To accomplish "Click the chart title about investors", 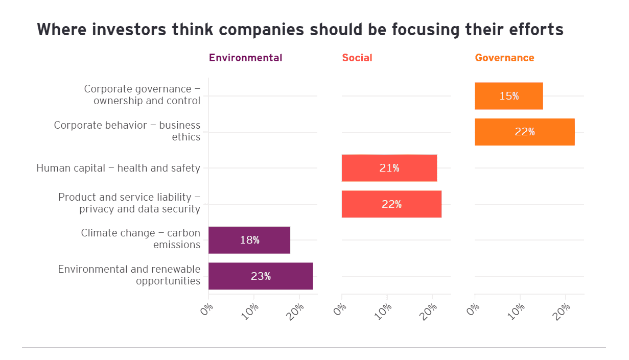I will click(x=300, y=30).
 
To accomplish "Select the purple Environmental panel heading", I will click(x=245, y=58).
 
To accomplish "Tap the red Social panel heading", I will click(x=357, y=58).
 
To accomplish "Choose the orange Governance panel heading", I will click(x=504, y=58).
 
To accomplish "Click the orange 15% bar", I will click(x=508, y=96).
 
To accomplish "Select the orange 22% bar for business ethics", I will click(x=524, y=132).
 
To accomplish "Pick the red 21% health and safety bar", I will click(x=389, y=168).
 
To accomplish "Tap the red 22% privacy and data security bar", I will click(x=391, y=204).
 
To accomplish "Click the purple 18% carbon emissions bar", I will click(x=249, y=240).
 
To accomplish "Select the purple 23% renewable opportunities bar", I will click(x=261, y=276).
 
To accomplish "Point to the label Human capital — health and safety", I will click(x=118, y=168).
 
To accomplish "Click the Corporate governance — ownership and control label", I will click(x=142, y=95).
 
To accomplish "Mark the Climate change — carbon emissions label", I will click(x=141, y=239).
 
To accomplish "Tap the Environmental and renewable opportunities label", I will click(x=129, y=275).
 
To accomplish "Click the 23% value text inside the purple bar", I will click(x=261, y=276).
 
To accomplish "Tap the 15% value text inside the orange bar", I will click(x=509, y=96).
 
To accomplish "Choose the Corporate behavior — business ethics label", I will click(x=127, y=131).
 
